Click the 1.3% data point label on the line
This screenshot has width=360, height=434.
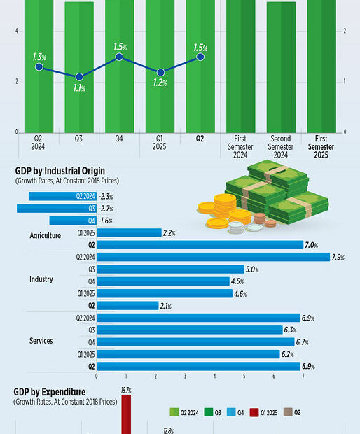pos(39,56)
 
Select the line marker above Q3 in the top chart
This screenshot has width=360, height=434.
pos(79,77)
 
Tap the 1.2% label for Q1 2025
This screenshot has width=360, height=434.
pos(160,83)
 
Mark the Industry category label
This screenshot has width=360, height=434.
pos(41,280)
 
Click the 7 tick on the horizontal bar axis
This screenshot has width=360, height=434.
pos(303,377)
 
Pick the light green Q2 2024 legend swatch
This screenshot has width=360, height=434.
pos(175,413)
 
